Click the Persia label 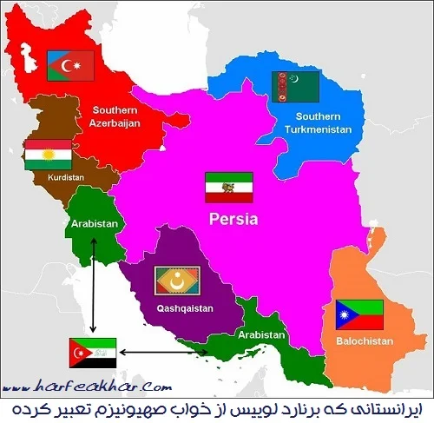[233, 219]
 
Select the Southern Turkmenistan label [317, 122]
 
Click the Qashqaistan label [180, 307]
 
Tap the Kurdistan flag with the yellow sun [48, 154]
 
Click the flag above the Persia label [228, 187]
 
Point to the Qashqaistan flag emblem [177, 281]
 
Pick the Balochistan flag [359, 314]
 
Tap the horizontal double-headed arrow [163, 352]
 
